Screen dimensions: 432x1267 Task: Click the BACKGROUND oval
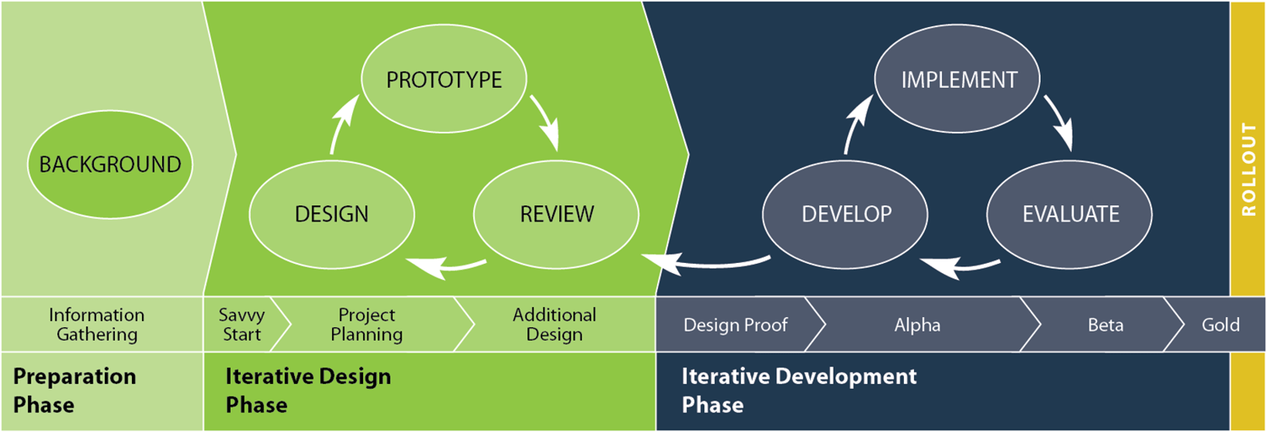click(x=110, y=164)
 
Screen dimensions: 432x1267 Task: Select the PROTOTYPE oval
click(x=444, y=80)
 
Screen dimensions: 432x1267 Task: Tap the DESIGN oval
click(x=332, y=214)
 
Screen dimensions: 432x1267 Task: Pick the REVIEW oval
click(x=557, y=214)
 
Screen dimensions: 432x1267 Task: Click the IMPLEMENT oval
click(x=959, y=80)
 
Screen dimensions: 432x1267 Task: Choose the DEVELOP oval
click(x=846, y=214)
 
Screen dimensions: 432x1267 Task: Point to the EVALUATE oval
click(x=1071, y=214)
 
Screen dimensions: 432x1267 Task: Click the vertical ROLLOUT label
click(x=1248, y=169)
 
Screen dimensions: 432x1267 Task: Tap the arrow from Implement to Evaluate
click(x=1059, y=123)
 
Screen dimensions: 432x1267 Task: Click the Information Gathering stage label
click(x=96, y=325)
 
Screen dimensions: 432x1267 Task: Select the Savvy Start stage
click(x=242, y=325)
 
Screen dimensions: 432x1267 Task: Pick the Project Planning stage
click(x=367, y=325)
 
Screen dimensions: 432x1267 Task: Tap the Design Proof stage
click(x=735, y=325)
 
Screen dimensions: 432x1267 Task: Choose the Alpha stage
click(x=916, y=325)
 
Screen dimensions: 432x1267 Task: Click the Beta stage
click(x=1105, y=325)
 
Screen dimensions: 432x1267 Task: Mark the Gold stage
click(x=1221, y=325)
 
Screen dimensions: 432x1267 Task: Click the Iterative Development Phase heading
click(x=798, y=390)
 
